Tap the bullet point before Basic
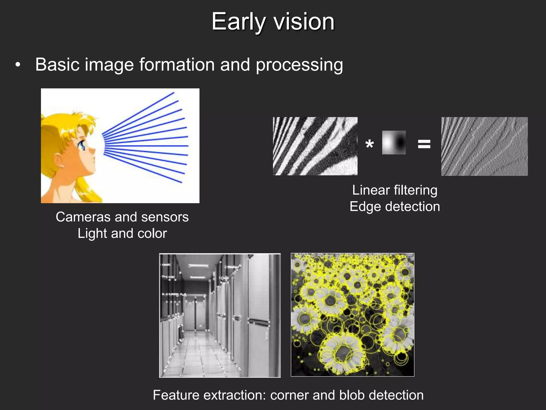18,65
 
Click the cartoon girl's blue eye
81,145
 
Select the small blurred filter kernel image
394,143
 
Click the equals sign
424,144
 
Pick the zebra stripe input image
315,146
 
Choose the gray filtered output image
484,146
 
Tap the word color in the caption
152,233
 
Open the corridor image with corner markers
220,315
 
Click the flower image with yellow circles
352,315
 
